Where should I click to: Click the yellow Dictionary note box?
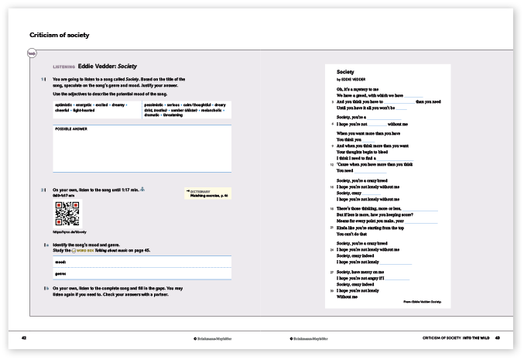click(x=204, y=194)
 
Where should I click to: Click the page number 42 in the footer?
click(x=25, y=337)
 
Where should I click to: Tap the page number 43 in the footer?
click(x=498, y=337)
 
